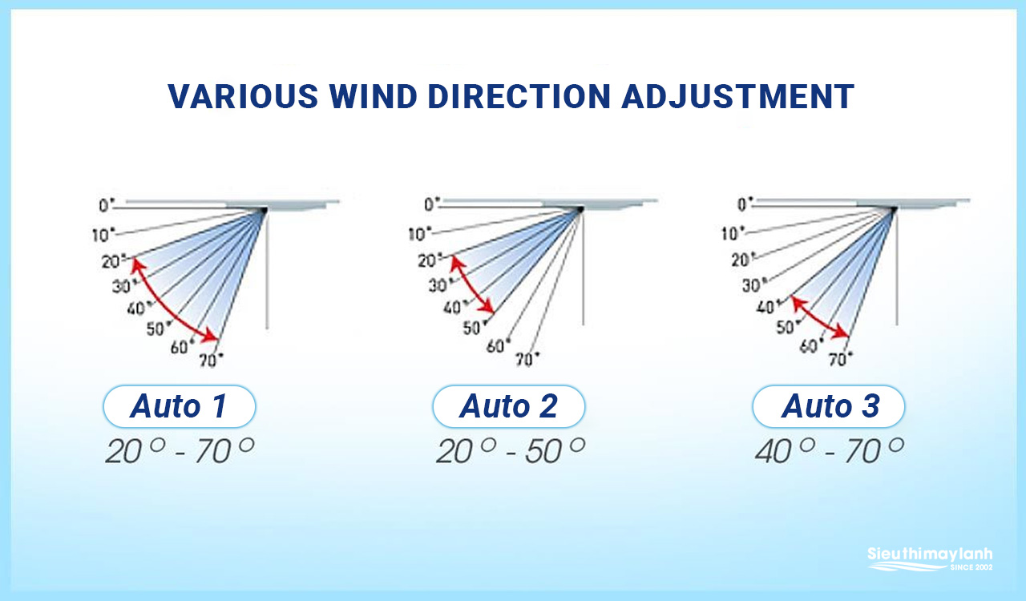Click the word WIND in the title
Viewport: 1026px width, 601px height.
point(373,97)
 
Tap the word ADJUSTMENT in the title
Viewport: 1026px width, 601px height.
point(738,97)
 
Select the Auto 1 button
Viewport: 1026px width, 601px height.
point(179,406)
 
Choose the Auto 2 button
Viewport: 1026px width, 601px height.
point(508,406)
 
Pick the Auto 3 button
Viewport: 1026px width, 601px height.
point(829,406)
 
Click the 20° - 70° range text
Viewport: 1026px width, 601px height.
point(180,450)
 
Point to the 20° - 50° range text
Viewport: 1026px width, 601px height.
point(511,450)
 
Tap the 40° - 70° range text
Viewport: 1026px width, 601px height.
point(830,450)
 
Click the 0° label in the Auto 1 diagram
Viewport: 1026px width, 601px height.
point(107,205)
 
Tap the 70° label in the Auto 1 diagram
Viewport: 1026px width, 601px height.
point(211,360)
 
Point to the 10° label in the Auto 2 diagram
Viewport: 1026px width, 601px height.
point(419,234)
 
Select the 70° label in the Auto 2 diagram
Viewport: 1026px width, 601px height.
point(527,359)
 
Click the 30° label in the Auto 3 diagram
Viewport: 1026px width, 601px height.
point(752,285)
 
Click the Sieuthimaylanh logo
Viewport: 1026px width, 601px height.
point(930,559)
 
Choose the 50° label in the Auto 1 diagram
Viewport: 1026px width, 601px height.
point(159,328)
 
